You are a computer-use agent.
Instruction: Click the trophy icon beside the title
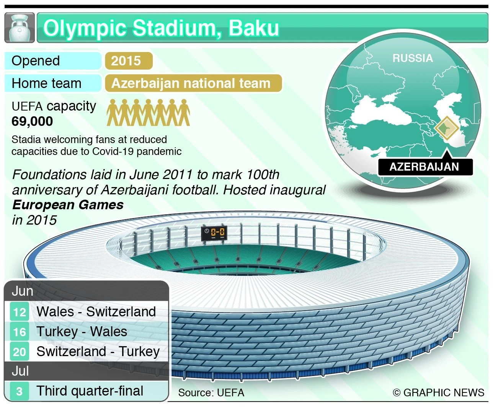click(20, 28)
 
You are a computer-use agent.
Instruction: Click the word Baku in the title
click(254, 28)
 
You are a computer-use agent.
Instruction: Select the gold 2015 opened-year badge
click(129, 61)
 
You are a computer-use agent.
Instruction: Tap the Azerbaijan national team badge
click(193, 83)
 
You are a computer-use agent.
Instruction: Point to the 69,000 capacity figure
click(33, 121)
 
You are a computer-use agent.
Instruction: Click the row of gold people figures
click(148, 112)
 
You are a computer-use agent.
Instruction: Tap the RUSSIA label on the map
click(413, 58)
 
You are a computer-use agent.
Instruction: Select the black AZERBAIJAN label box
click(425, 167)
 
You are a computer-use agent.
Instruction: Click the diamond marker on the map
click(447, 128)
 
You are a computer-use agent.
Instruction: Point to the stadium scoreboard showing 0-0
click(214, 233)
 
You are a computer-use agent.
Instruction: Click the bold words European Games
click(68, 205)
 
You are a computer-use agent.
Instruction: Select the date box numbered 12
click(20, 312)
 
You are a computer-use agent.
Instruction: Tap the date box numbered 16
click(20, 332)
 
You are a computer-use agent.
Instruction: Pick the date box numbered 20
click(20, 352)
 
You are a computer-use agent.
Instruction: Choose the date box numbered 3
click(20, 391)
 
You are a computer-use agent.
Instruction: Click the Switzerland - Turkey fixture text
click(98, 352)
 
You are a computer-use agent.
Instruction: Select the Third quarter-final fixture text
click(90, 391)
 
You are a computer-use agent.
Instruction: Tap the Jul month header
click(20, 371)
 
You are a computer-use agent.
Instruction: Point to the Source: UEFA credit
click(211, 393)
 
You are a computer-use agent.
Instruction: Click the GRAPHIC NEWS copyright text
click(439, 393)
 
